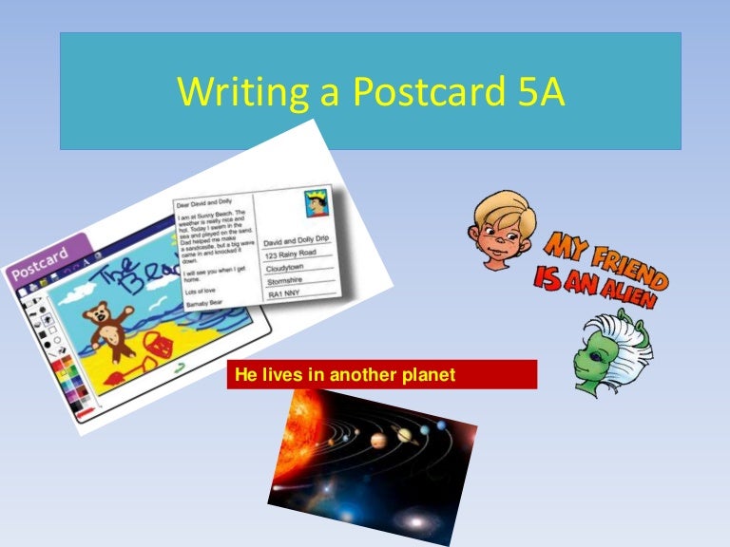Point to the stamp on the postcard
pyautogui.click(x=316, y=204)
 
